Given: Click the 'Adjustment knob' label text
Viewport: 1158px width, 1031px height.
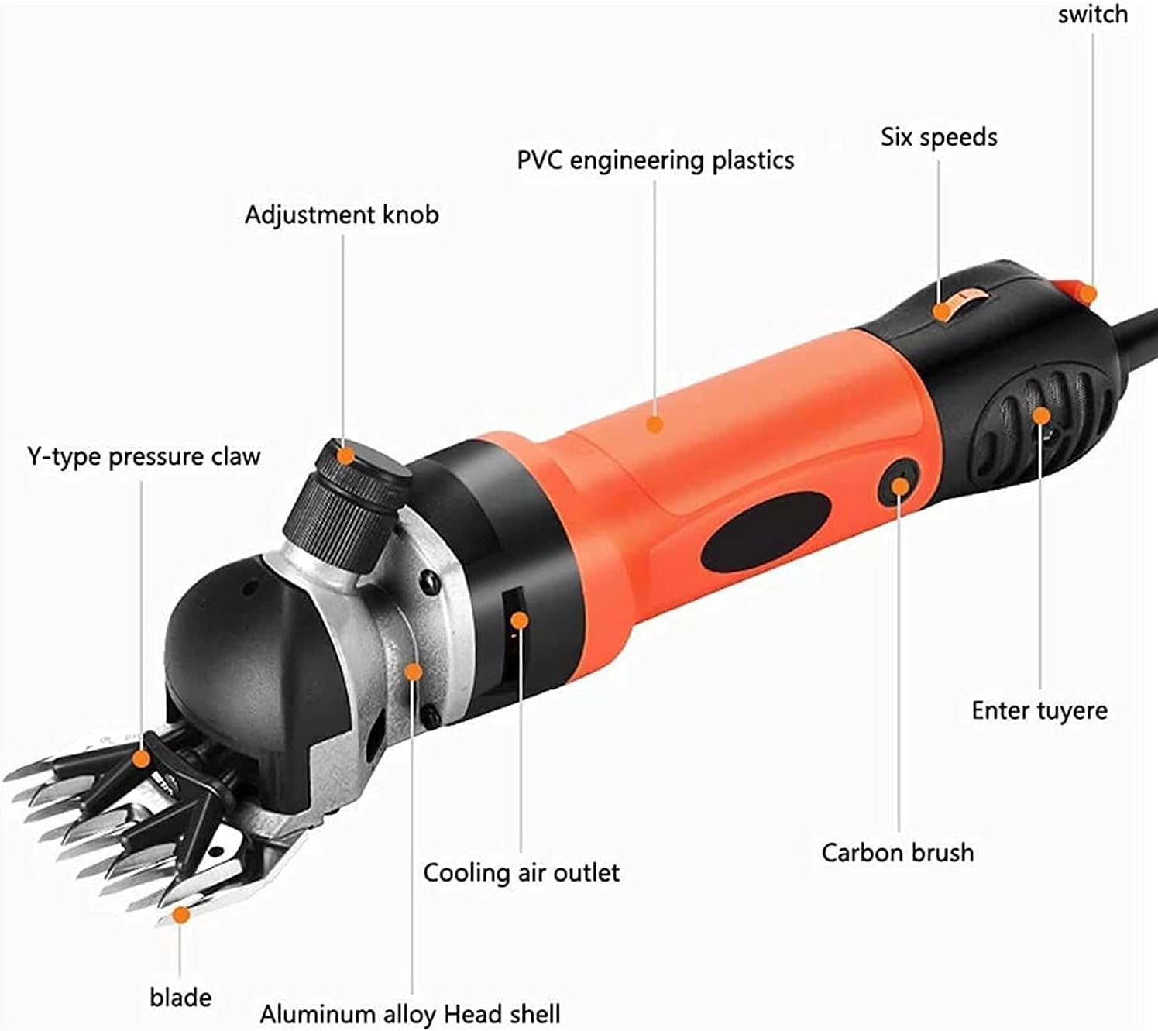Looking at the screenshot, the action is click(342, 215).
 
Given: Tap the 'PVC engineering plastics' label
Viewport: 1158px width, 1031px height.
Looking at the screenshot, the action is click(655, 160).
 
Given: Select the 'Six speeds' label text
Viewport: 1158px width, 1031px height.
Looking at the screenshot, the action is click(939, 137).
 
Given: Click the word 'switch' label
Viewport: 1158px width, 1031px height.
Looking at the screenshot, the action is click(1092, 14).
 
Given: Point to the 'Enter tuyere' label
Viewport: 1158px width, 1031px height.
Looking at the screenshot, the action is click(1039, 710).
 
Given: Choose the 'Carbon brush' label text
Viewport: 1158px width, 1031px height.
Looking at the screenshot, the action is click(898, 853).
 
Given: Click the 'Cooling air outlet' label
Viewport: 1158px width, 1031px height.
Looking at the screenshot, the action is click(521, 873).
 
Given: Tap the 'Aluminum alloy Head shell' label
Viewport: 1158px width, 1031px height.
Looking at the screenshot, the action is click(410, 1014).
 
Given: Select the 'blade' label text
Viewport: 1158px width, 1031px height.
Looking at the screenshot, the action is click(180, 997).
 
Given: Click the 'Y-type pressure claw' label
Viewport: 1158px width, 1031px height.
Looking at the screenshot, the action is click(144, 456).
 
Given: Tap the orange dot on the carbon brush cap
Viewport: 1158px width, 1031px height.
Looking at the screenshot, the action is click(899, 486).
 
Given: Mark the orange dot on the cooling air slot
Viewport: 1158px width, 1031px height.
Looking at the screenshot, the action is click(520, 620).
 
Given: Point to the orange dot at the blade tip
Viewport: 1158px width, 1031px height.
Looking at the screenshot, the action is click(180, 916).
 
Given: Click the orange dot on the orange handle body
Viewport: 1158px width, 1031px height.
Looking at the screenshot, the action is click(655, 424).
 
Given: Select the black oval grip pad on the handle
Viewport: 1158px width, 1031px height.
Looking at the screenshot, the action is click(765, 532).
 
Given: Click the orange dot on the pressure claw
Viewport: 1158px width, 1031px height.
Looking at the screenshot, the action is click(140, 758).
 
